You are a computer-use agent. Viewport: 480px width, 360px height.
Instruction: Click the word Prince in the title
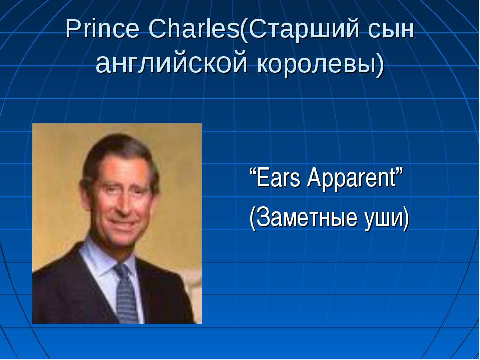[x=102, y=29]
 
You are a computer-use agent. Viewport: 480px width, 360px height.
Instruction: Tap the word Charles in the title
[x=194, y=29]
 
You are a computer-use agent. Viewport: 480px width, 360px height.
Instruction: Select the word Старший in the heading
[x=304, y=30]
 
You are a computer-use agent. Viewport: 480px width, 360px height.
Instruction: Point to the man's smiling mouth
[x=122, y=224]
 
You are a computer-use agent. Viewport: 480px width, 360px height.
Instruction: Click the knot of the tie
[x=122, y=270]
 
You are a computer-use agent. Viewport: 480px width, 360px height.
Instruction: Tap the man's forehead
[x=122, y=170]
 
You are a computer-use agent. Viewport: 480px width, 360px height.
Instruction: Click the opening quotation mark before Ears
[x=253, y=172]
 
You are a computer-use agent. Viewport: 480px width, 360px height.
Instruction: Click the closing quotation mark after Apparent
[x=400, y=172]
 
